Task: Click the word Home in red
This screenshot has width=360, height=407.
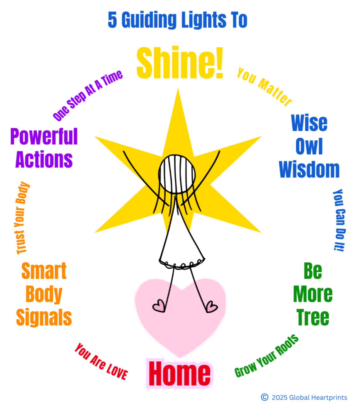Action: point(180,374)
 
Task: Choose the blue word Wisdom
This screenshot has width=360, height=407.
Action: point(309,169)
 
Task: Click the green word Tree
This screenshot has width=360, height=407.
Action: point(313,318)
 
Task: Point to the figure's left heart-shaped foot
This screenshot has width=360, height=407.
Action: point(159,306)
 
